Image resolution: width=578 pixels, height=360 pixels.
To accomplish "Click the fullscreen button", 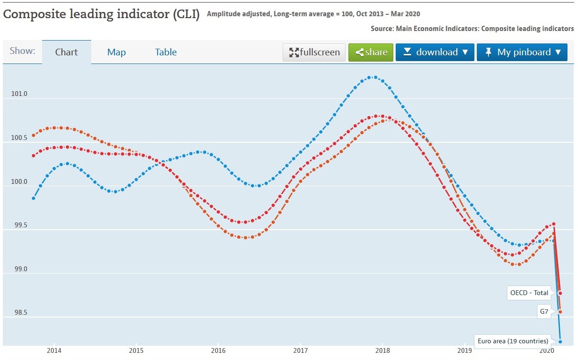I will tap(314, 53).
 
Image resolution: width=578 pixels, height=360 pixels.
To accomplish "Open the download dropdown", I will tap(435, 53).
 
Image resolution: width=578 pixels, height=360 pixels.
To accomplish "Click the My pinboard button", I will tap(522, 53).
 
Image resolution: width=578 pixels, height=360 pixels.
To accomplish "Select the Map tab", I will tap(116, 53).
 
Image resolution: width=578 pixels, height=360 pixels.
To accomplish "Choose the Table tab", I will tap(166, 53).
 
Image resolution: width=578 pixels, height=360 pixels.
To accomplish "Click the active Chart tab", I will tap(66, 53).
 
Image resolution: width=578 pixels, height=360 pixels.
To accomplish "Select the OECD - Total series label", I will tap(529, 293).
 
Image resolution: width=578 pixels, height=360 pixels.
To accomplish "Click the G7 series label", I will tap(544, 312).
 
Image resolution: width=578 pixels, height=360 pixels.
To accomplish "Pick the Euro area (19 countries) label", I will tap(513, 341).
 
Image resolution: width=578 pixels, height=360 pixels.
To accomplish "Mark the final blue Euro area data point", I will tap(560, 341).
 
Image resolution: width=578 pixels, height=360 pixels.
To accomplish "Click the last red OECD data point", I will tap(560, 293).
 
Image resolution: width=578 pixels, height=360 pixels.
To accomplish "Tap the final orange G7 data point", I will tap(560, 312).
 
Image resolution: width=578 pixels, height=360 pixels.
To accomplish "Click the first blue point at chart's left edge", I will tap(33, 198).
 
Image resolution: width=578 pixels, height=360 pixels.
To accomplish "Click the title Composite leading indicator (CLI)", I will tap(102, 14).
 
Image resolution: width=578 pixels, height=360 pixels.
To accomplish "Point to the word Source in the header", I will tap(382, 29).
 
